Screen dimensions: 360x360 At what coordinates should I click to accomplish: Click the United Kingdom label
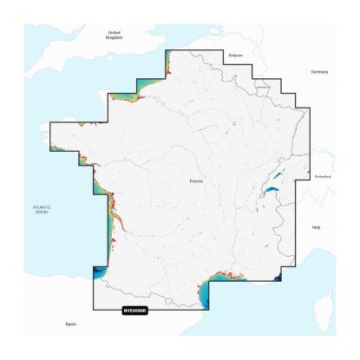(x=114, y=35)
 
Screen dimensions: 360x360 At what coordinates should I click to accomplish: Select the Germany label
(x=320, y=73)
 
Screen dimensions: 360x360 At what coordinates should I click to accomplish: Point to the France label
(x=197, y=180)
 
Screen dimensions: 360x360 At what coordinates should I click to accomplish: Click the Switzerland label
(x=324, y=177)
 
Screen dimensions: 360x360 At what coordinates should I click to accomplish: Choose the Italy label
(x=317, y=226)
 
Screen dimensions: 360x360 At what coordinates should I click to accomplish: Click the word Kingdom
(x=114, y=38)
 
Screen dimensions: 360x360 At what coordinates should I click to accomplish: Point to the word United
(x=114, y=32)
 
